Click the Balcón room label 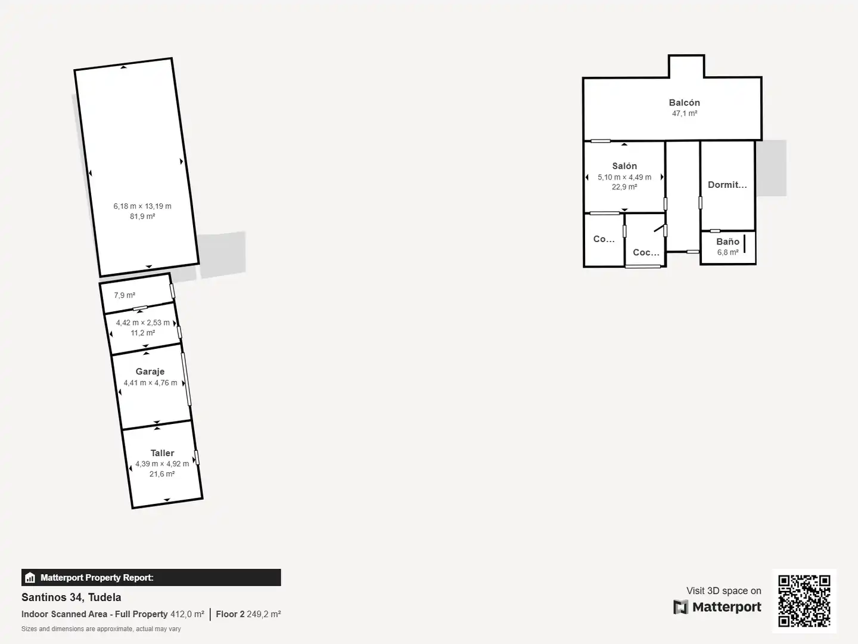(684, 103)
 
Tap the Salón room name (624, 166)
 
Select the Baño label (728, 241)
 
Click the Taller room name (162, 453)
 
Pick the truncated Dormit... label (727, 185)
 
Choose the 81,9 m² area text (142, 216)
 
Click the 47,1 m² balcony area (685, 113)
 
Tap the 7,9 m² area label (125, 295)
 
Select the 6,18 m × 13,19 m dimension (142, 206)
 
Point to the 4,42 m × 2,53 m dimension (142, 323)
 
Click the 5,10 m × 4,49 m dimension (624, 177)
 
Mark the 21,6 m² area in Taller (162, 474)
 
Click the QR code (804, 600)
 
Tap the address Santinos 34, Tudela (71, 597)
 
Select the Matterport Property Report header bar (151, 577)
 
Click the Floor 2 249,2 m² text (248, 614)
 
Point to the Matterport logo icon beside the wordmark (680, 607)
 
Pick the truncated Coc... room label (646, 253)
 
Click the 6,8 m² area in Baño (728, 253)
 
